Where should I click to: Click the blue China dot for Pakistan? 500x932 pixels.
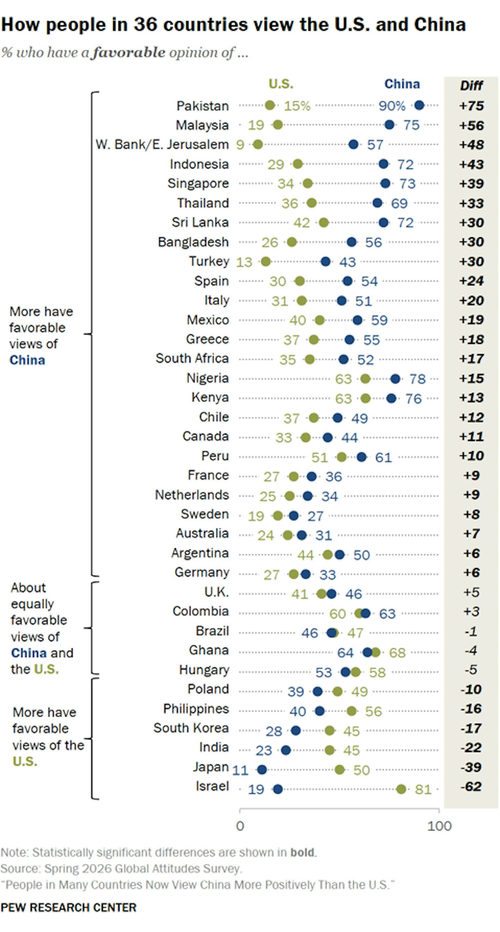click(x=419, y=105)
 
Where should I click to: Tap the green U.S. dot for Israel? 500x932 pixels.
click(x=401, y=789)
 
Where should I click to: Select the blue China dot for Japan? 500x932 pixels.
click(x=262, y=769)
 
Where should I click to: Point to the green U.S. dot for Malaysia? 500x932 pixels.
click(x=277, y=125)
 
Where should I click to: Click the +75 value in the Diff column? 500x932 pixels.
click(x=471, y=106)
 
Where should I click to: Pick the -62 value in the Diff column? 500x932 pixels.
click(x=471, y=787)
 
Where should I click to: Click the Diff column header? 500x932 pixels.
click(x=471, y=85)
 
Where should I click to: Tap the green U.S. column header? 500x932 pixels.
click(x=281, y=84)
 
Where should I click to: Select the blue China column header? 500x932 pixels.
click(x=402, y=84)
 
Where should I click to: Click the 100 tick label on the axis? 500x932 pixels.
click(x=439, y=826)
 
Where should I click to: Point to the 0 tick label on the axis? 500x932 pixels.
click(x=240, y=826)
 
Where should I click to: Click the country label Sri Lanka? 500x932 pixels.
click(x=200, y=222)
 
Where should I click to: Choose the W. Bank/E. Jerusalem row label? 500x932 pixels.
click(x=162, y=144)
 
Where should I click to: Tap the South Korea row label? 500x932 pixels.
click(x=191, y=728)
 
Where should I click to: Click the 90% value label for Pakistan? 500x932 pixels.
click(x=392, y=106)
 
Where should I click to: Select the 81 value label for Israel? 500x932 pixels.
click(x=423, y=789)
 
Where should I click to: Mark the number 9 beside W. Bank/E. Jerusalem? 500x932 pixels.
click(x=240, y=145)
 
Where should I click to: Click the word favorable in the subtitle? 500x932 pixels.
click(x=128, y=53)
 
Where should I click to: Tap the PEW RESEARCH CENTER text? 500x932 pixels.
click(x=68, y=907)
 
